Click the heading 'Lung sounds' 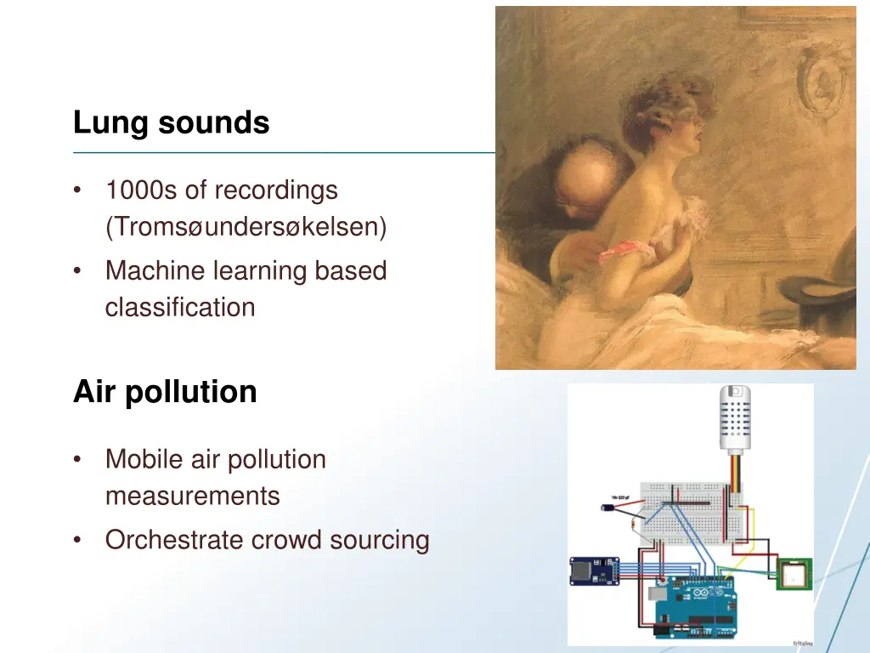pyautogui.click(x=171, y=123)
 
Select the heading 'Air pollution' pyautogui.click(x=165, y=392)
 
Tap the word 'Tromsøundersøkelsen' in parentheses pyautogui.click(x=246, y=227)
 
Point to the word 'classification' pyautogui.click(x=179, y=307)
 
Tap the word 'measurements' pyautogui.click(x=192, y=496)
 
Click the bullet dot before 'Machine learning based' pyautogui.click(x=78, y=271)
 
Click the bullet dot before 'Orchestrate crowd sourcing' pyautogui.click(x=78, y=540)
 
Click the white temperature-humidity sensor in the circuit pyautogui.click(x=736, y=417)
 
